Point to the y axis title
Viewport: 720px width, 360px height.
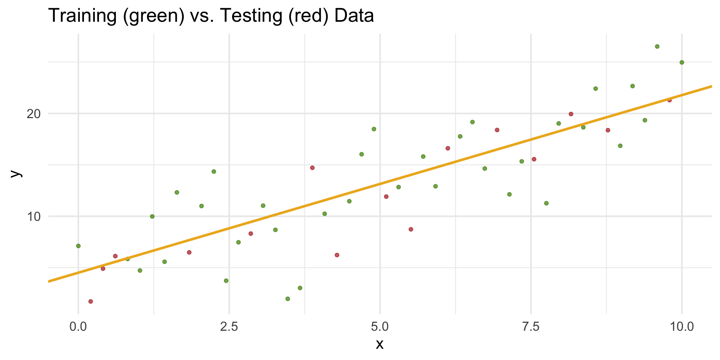[15, 173]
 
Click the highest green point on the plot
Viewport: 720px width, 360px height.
[657, 46]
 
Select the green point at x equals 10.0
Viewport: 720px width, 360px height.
[682, 62]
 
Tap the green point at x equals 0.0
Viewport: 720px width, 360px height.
[78, 246]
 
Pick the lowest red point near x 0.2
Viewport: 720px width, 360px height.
[90, 301]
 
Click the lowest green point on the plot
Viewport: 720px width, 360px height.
[288, 299]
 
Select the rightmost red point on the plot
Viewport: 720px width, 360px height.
[669, 100]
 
